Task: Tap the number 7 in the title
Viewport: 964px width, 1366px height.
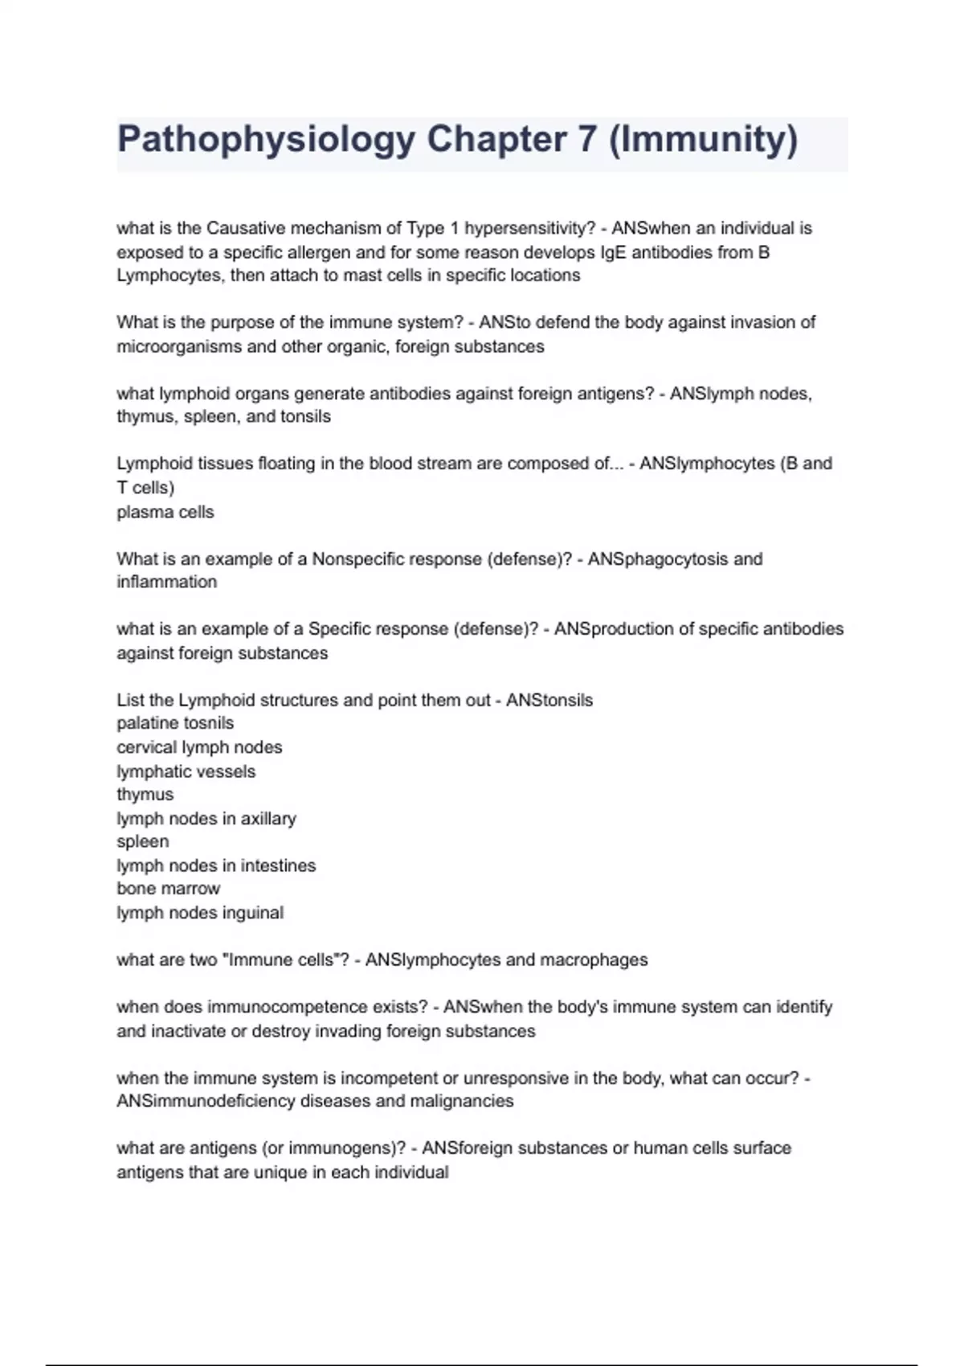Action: click(586, 140)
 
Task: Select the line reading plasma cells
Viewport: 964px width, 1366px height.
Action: click(165, 512)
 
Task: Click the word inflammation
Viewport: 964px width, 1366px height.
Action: click(166, 582)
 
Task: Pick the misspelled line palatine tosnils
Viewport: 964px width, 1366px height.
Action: click(175, 723)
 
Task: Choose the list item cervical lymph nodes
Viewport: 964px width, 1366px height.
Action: click(199, 747)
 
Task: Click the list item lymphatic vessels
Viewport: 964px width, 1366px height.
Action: click(186, 771)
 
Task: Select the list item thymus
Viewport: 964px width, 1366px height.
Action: click(145, 795)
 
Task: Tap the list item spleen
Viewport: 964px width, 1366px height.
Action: click(142, 841)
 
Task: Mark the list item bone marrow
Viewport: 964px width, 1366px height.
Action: click(168, 889)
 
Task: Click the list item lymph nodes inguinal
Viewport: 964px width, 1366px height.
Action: click(200, 913)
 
